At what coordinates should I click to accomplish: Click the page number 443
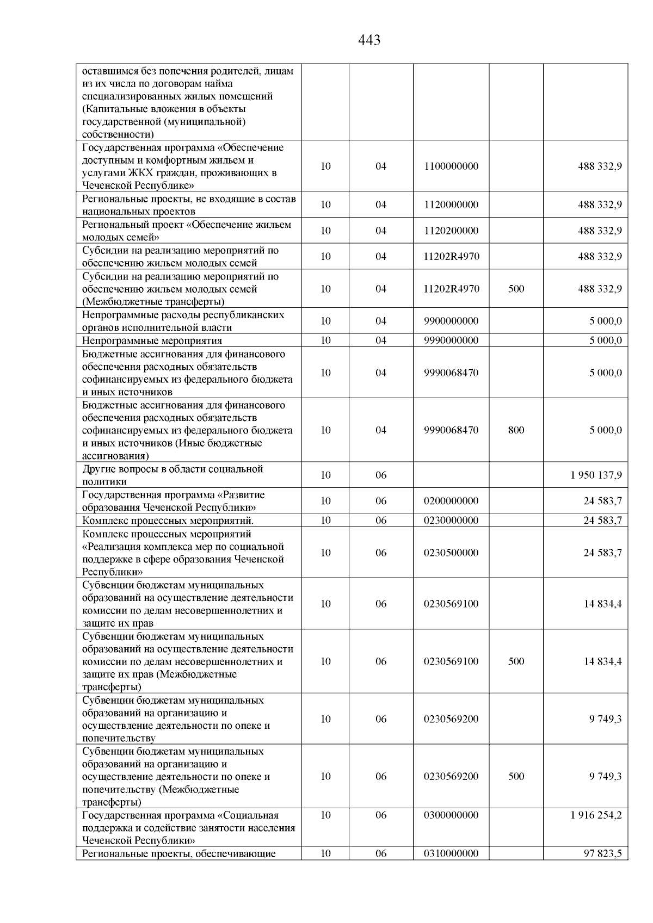[x=369, y=40]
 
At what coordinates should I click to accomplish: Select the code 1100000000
[x=451, y=166]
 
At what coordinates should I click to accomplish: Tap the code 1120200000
[x=451, y=231]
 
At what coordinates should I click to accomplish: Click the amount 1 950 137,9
[x=596, y=475]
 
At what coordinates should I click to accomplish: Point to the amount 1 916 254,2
[x=596, y=815]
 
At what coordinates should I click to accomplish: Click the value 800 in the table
[x=516, y=430]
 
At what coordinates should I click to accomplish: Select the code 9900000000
[x=451, y=321]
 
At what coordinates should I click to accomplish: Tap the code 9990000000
[x=451, y=340]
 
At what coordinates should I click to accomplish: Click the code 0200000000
[x=451, y=501]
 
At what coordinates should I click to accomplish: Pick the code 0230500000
[x=451, y=553]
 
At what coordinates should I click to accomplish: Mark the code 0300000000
[x=451, y=815]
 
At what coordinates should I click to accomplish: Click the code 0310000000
[x=451, y=853]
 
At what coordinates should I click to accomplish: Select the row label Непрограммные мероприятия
[x=152, y=341]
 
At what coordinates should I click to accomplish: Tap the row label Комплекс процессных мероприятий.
[x=168, y=521]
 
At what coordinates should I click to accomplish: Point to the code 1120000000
[x=451, y=205]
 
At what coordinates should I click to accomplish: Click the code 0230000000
[x=451, y=521]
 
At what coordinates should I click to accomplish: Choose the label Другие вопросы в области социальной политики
[x=173, y=475]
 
